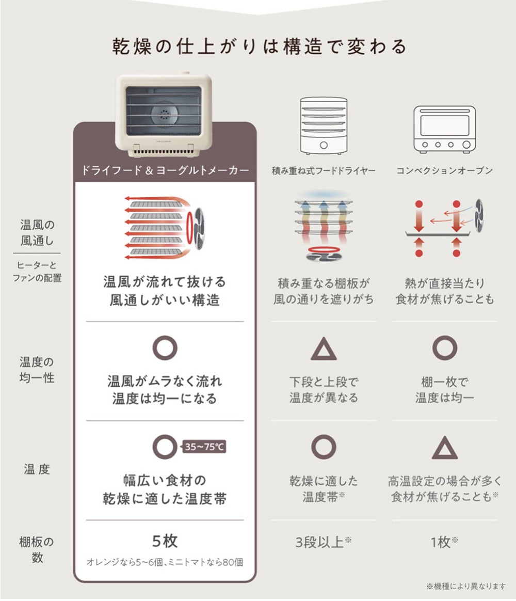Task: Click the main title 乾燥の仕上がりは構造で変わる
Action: click(x=260, y=47)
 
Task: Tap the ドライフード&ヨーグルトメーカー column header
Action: click(x=165, y=170)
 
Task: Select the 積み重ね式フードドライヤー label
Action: click(x=324, y=171)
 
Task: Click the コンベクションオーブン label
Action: click(x=444, y=171)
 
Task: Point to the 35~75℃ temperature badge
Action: click(x=204, y=447)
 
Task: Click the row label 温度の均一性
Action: click(x=37, y=370)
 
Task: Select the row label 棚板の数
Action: click(x=37, y=550)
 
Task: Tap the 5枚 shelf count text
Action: click(x=165, y=542)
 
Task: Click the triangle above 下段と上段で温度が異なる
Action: click(x=324, y=350)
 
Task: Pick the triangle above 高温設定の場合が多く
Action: click(x=444, y=448)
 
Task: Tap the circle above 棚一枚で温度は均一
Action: click(x=444, y=348)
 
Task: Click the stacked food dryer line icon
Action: click(x=324, y=125)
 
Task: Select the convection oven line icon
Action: click(x=444, y=129)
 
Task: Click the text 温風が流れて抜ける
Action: click(x=165, y=282)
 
